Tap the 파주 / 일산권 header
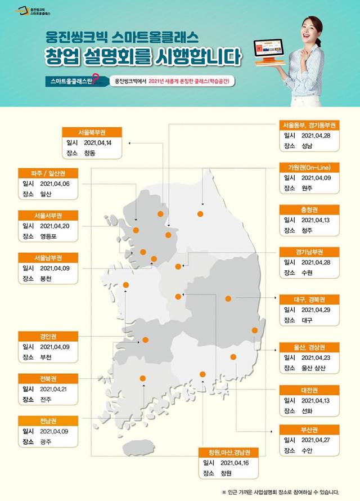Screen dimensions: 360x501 [51, 173]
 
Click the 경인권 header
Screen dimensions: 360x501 [51, 336]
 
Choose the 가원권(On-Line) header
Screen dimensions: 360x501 [310, 167]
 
